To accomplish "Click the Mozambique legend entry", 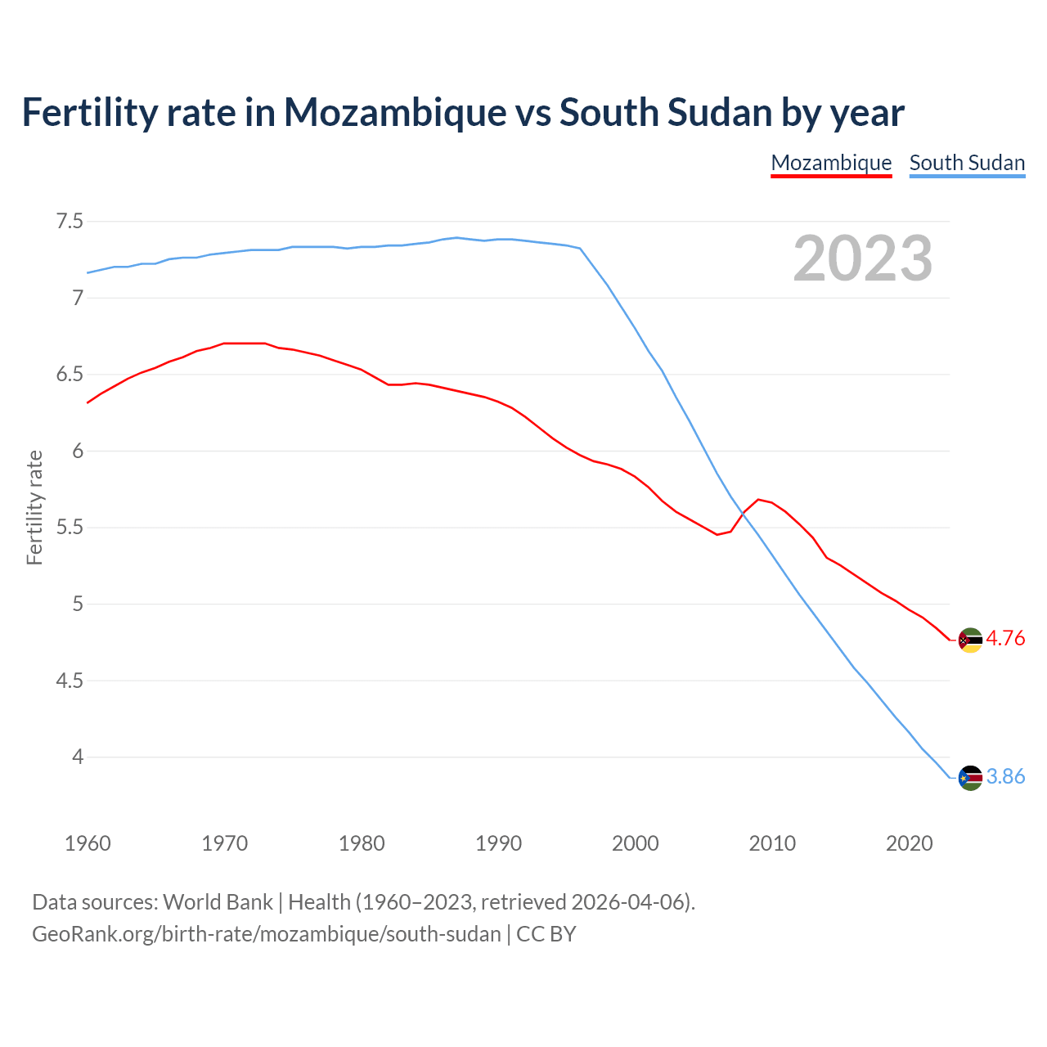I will click(831, 163).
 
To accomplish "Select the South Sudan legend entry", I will click(967, 163).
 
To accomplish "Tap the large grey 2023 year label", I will click(862, 258).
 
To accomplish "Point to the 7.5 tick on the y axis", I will click(70, 222).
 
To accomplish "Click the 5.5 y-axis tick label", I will click(70, 528).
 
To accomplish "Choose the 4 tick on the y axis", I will click(78, 757).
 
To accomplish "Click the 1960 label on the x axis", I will click(88, 843).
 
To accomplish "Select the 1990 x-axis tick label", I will click(498, 843).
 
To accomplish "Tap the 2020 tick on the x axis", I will click(909, 843).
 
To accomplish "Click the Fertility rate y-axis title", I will click(34, 507).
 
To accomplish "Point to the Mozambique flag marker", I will click(969, 640).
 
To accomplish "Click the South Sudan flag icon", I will click(969, 777).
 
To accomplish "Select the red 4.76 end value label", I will click(1005, 639).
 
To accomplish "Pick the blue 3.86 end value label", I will click(1005, 777).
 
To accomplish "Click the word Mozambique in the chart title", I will click(395, 113).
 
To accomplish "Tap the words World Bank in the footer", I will click(218, 902).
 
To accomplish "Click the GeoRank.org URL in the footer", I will click(266, 934).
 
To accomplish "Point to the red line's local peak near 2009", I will click(759, 499).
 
